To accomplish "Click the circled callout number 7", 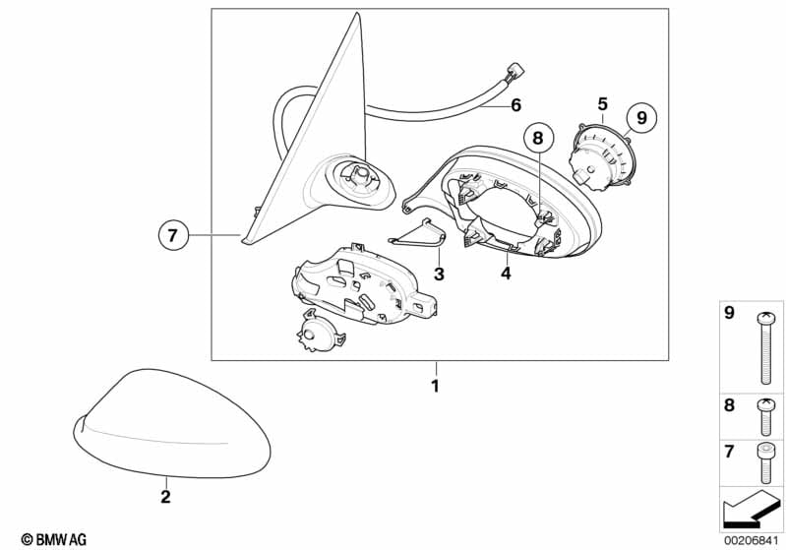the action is [x=173, y=235].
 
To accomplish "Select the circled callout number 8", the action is [x=538, y=138].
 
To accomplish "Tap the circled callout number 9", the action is [x=641, y=118].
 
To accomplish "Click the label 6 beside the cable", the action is [x=515, y=105].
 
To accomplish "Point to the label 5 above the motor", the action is [x=602, y=104].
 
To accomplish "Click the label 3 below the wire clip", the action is [x=439, y=274].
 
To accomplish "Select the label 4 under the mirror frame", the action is [x=507, y=274].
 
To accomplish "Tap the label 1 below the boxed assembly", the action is [x=435, y=386].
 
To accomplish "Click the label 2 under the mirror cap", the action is [x=165, y=496].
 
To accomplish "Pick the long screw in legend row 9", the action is [x=765, y=348].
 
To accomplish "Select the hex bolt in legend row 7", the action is [x=765, y=463].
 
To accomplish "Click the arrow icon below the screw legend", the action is [x=751, y=509].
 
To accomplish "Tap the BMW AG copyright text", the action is [x=54, y=539].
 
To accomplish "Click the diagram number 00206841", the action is [x=751, y=540].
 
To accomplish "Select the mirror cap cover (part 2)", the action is [x=172, y=424].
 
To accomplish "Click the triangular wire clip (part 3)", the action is [x=417, y=233].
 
